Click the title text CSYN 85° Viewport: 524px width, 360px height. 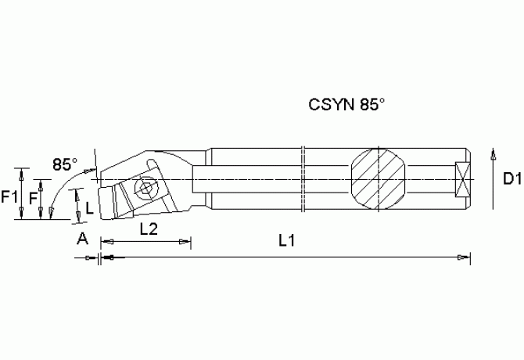346,104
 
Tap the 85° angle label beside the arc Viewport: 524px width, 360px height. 65,164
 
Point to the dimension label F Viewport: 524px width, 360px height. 34,199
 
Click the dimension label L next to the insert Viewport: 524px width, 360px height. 90,208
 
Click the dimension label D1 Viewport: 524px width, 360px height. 512,180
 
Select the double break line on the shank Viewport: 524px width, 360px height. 303,180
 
